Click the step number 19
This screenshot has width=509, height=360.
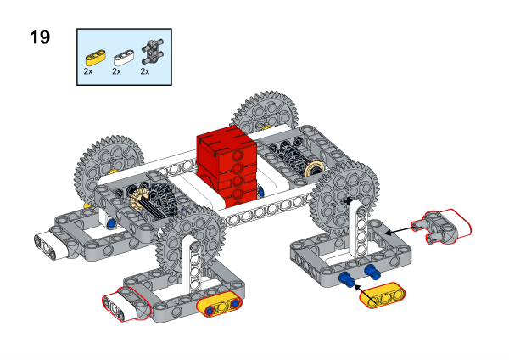pyautogui.click(x=38, y=37)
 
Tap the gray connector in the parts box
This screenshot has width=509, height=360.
pyautogui.click(x=152, y=52)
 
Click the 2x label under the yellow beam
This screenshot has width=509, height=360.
pyautogui.click(x=88, y=73)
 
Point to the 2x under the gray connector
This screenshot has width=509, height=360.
pyautogui.click(x=145, y=73)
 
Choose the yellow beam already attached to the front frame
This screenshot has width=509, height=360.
pyautogui.click(x=220, y=307)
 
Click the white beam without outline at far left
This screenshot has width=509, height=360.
pyautogui.click(x=59, y=241)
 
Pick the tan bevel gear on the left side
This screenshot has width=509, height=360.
pyautogui.click(x=139, y=198)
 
